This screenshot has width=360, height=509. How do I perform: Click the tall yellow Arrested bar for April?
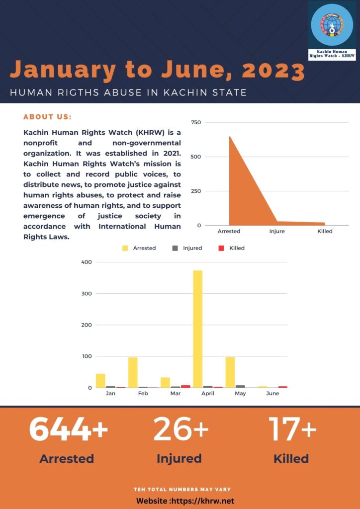click(x=198, y=329)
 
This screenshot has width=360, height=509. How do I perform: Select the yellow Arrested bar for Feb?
click(x=133, y=372)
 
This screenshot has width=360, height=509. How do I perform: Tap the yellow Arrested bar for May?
click(x=230, y=372)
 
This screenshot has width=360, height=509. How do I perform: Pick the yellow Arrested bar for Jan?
click(x=100, y=380)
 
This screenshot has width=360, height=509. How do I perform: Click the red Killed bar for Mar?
click(x=185, y=386)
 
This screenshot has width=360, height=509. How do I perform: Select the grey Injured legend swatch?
click(x=175, y=248)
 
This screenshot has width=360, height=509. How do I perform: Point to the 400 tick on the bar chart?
click(x=86, y=262)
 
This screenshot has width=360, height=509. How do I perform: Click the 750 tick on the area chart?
click(x=195, y=122)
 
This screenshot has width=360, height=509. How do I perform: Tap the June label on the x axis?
click(x=272, y=394)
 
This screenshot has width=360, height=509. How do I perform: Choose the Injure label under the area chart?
click(x=277, y=232)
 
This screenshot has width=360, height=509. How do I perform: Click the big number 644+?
click(x=68, y=429)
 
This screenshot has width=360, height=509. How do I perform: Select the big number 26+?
click(x=180, y=429)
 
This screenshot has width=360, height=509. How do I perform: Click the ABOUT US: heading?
click(x=48, y=117)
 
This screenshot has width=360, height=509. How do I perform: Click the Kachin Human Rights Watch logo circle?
click(x=332, y=27)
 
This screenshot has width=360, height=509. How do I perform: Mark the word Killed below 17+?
click(x=291, y=458)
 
